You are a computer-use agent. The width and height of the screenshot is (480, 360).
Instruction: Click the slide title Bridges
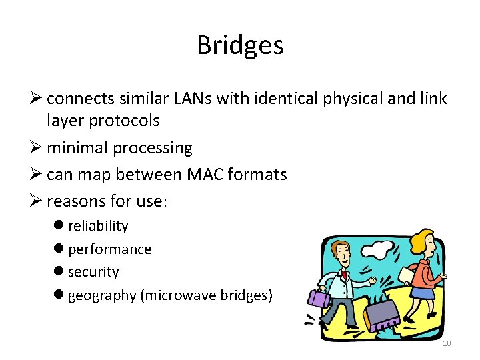[240, 45]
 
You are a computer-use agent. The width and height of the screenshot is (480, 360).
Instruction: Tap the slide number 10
[447, 343]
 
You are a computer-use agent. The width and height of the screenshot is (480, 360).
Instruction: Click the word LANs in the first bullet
[193, 99]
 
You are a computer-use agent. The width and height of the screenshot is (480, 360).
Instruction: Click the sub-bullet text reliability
[98, 226]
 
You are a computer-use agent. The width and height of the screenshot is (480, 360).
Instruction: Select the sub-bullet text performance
[109, 249]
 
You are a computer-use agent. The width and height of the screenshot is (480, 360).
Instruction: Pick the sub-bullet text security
[93, 272]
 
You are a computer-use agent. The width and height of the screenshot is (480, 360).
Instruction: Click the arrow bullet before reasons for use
[37, 201]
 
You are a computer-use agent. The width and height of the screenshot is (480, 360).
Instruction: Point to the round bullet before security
[59, 272]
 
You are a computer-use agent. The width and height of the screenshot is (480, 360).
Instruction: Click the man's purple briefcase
[318, 299]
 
